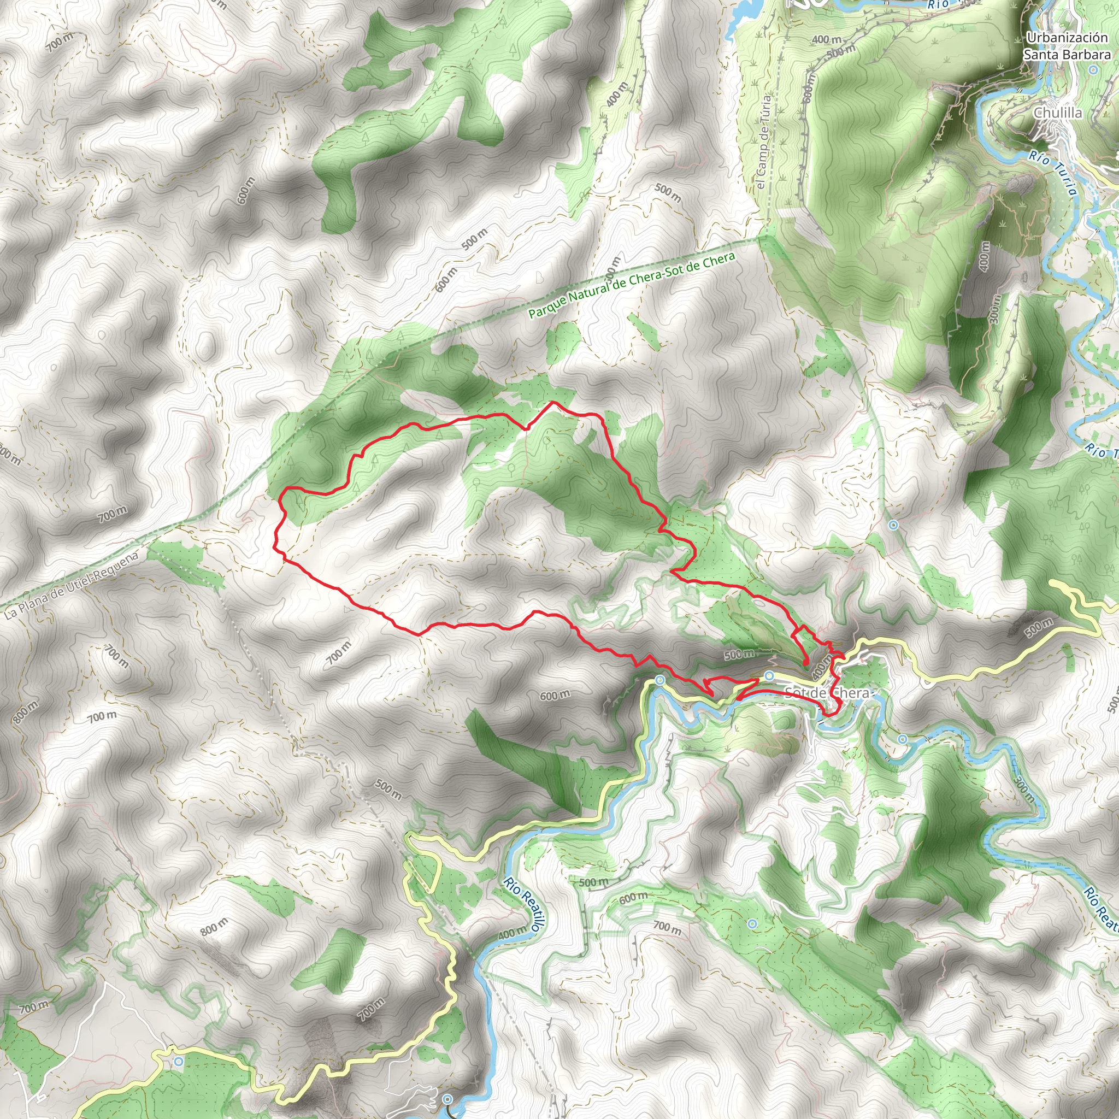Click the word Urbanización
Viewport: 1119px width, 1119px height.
point(1067,38)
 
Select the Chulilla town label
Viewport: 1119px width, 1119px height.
point(1058,113)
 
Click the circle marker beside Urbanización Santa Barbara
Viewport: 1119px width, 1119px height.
point(1093,70)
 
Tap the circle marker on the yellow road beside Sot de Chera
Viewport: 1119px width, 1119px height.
point(769,676)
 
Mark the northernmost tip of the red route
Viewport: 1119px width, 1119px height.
point(553,402)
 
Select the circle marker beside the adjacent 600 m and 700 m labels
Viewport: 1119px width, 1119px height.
point(752,924)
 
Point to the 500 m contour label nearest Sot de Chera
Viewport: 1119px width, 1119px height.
point(739,655)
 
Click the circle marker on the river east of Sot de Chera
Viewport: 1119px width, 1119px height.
point(903,739)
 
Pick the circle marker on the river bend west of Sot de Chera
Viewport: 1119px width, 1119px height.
point(659,679)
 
